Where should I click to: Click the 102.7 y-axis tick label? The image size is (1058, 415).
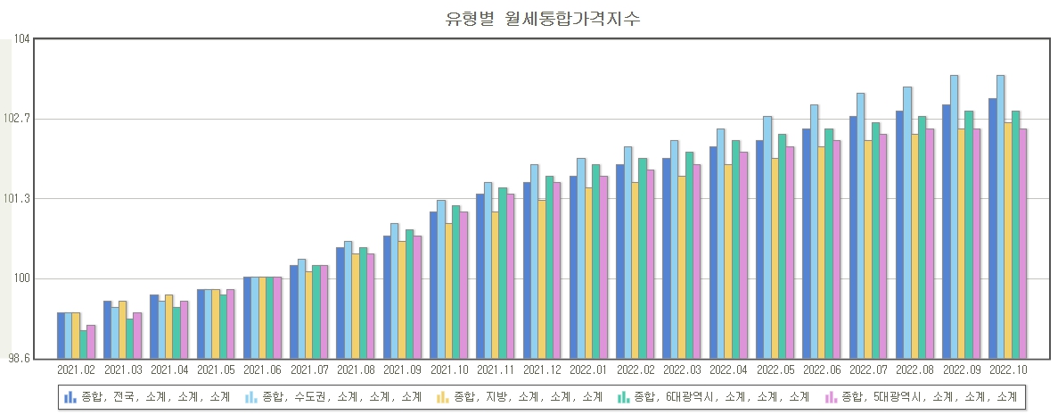tap(19, 119)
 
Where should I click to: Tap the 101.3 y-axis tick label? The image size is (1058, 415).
tap(19, 199)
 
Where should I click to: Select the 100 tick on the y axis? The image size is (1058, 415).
tap(21, 278)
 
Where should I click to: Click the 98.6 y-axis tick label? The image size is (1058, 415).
tap(19, 358)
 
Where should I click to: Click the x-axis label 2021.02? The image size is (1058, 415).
tap(76, 369)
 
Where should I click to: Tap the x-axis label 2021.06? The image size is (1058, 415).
tap(262, 369)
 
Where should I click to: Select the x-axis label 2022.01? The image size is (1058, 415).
tap(588, 369)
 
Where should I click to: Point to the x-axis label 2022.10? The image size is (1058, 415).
tap(1007, 369)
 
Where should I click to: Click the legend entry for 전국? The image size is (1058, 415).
tap(147, 396)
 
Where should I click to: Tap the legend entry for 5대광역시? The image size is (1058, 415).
tap(923, 396)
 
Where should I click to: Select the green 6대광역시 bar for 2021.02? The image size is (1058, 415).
tap(83, 344)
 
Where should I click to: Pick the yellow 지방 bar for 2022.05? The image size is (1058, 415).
tap(775, 258)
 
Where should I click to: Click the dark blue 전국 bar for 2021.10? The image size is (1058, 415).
tap(433, 285)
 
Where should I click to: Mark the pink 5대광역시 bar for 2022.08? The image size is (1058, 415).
tap(930, 243)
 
